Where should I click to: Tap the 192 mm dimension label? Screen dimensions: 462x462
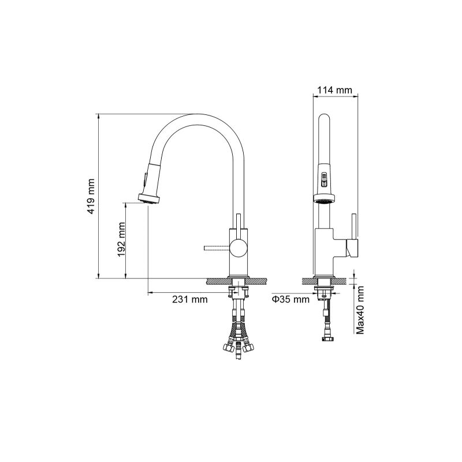[121, 239]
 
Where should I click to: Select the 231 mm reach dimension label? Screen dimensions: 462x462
[190, 299]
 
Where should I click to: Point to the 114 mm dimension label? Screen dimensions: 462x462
[334, 90]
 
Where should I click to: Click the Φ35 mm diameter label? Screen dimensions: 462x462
[290, 299]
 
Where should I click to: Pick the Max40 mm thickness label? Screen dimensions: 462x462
[360, 310]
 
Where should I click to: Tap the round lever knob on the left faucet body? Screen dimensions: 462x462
[238, 248]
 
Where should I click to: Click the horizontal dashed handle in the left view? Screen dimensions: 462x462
[217, 248]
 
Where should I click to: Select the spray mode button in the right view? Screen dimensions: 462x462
[324, 180]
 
